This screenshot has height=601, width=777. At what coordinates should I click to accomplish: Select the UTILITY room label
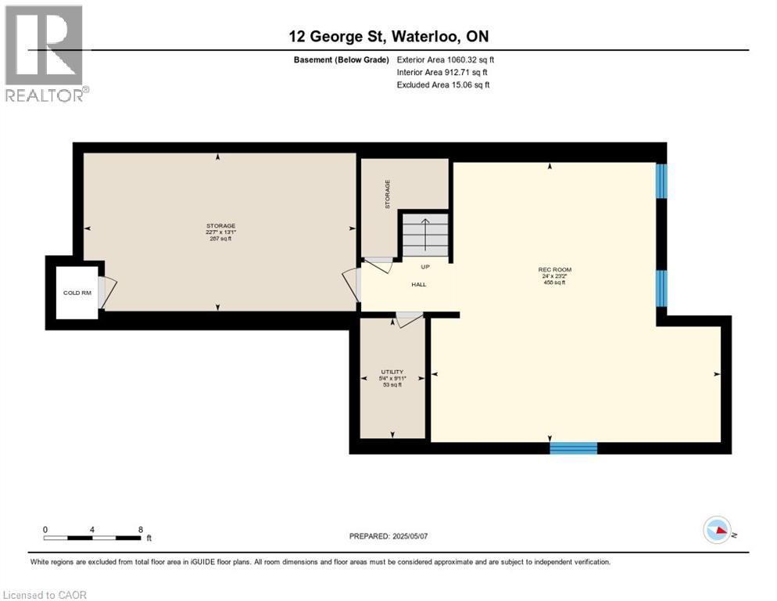point(392,371)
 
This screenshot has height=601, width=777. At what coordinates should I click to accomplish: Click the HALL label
point(419,284)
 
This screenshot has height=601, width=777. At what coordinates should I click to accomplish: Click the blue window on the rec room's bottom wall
point(573,448)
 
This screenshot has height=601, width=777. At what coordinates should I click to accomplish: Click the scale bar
point(92,538)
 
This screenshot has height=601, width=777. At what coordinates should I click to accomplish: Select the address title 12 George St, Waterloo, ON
point(388,37)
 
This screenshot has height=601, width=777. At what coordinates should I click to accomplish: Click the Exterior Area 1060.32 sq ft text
point(446,59)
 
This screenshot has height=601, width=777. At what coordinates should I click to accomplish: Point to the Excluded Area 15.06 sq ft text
point(444,85)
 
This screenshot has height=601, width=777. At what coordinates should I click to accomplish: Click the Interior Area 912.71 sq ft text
point(442,72)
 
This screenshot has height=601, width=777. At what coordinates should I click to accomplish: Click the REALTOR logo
point(45,53)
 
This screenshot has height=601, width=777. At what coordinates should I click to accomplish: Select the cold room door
point(107,292)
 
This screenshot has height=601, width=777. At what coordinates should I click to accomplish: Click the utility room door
point(408,320)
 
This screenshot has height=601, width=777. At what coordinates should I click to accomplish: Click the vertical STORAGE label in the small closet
point(387,193)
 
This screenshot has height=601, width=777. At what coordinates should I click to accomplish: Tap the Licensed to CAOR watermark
point(45,595)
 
